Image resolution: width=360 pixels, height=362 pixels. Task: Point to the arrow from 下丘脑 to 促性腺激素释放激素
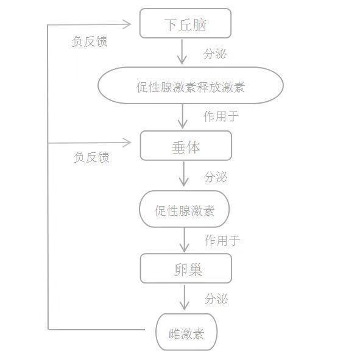(x=182, y=52)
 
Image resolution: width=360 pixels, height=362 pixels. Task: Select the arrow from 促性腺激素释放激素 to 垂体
(x=183, y=116)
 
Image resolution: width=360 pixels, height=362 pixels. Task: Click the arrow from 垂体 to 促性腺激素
(x=184, y=174)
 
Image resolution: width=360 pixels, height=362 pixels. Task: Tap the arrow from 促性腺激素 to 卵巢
(x=185, y=240)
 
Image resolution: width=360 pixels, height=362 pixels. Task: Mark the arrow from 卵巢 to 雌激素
(x=185, y=297)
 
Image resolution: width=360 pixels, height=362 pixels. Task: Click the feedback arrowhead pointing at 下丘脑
(x=127, y=24)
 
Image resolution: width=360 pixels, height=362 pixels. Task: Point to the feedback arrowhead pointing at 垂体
(x=127, y=143)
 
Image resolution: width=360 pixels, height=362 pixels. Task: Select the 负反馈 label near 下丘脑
(x=90, y=41)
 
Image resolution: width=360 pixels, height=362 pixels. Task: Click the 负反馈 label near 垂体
(x=91, y=157)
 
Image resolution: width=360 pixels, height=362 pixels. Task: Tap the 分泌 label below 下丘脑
(x=215, y=54)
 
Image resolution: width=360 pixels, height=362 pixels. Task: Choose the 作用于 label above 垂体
(x=221, y=116)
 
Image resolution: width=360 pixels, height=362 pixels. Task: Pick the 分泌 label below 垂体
(x=216, y=177)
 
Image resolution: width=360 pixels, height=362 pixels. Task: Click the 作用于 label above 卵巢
(x=222, y=240)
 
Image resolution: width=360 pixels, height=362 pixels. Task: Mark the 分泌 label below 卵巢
(x=216, y=299)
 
